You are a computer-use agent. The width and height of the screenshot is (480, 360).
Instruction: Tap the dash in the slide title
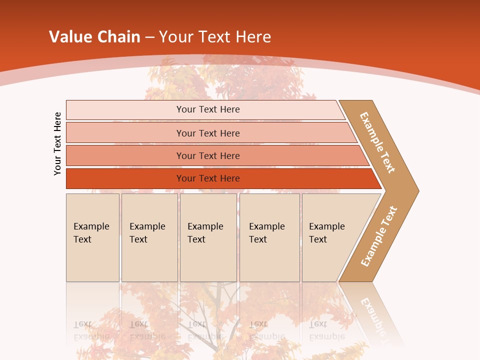coord(149,37)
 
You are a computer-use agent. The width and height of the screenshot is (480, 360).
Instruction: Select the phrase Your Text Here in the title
coord(215,37)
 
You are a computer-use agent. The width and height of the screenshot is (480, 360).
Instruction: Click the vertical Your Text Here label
coord(57,143)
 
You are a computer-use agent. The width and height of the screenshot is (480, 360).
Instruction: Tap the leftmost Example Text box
coord(92,237)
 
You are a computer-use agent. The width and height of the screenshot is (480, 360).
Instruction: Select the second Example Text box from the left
coord(149,237)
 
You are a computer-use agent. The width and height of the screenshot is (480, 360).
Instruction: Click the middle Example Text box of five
coord(208,237)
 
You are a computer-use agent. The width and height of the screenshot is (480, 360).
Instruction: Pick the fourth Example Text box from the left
coord(269,237)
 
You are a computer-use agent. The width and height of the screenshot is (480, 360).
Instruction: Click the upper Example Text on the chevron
coord(377,142)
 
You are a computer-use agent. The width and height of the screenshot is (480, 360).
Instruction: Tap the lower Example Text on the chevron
coord(379,236)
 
